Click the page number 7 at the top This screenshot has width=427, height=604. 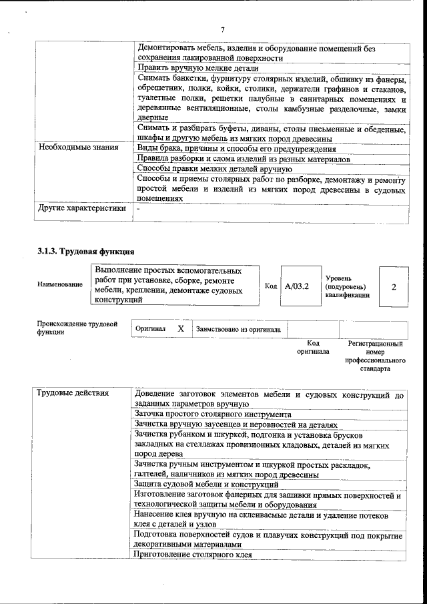[x=224, y=29]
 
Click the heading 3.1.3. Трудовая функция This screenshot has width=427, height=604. [x=86, y=252]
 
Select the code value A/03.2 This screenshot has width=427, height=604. [x=296, y=286]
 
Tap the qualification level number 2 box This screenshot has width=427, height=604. [x=394, y=286]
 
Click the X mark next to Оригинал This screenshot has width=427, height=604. [x=180, y=329]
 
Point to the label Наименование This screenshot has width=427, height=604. [x=60, y=284]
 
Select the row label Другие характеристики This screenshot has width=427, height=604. [x=81, y=208]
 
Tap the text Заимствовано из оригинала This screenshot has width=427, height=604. [x=238, y=329]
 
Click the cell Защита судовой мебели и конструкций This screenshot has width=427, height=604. [x=206, y=484]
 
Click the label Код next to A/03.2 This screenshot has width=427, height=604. [x=270, y=286]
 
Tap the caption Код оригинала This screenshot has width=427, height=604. [x=313, y=347]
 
